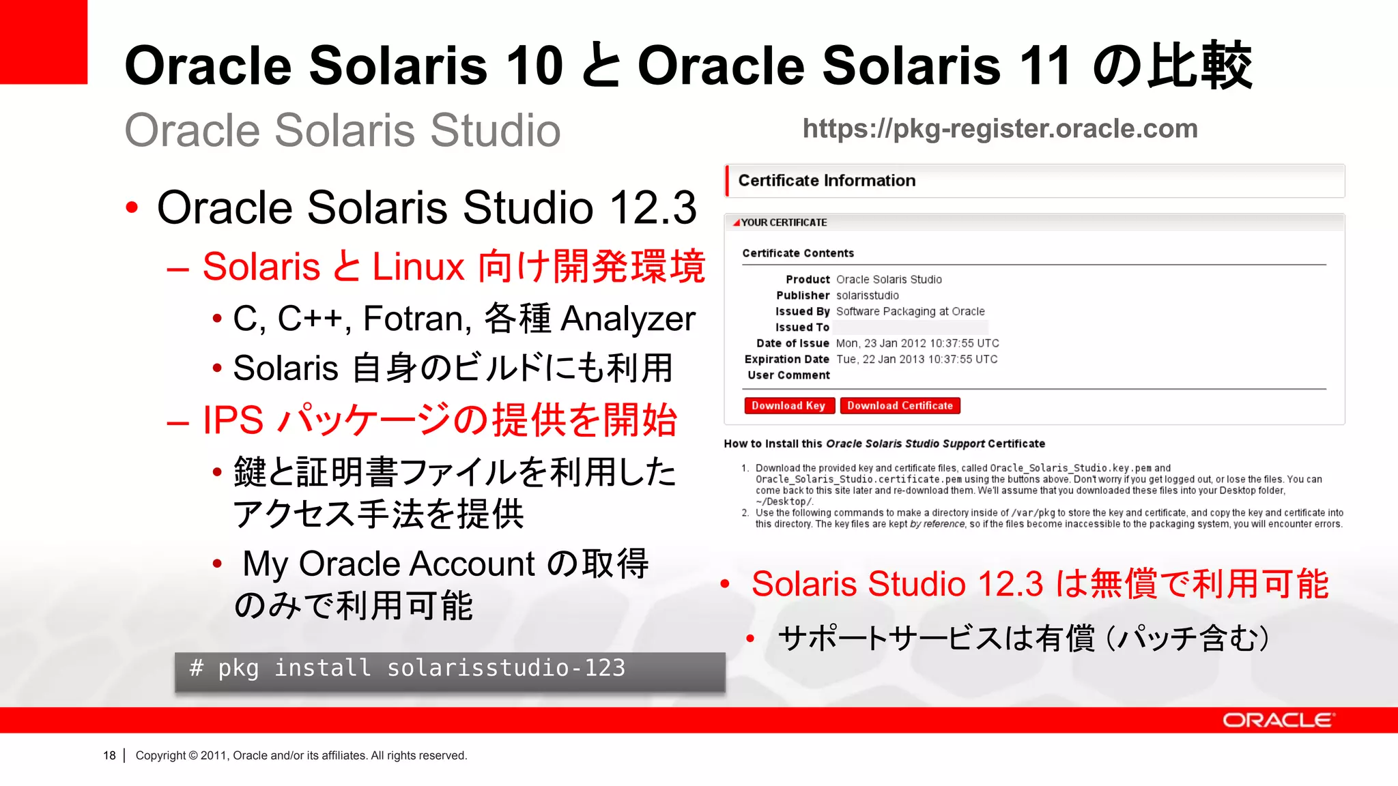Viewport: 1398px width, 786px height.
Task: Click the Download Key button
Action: tap(788, 406)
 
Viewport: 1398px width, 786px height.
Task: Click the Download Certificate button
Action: tap(900, 406)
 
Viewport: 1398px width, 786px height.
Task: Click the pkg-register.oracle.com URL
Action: tap(1000, 129)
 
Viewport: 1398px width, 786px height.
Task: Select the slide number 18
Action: tap(109, 756)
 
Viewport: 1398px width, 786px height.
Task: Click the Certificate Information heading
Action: tap(827, 181)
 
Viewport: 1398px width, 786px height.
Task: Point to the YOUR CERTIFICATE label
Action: tap(784, 223)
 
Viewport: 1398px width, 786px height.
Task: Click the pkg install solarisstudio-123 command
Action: tap(408, 669)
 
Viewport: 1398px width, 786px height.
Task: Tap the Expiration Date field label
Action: tap(786, 360)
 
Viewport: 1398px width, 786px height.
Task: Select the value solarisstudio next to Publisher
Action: tap(867, 295)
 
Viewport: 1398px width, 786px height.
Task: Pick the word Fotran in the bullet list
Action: tap(416, 319)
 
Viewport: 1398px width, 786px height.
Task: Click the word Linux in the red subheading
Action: tap(418, 267)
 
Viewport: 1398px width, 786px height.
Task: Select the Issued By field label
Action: tap(802, 312)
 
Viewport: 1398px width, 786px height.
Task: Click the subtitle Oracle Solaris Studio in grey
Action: tap(342, 130)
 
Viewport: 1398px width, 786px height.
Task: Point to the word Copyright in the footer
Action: tap(160, 756)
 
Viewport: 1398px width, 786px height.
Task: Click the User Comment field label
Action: tap(788, 375)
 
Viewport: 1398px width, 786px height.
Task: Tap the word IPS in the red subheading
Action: tap(233, 420)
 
